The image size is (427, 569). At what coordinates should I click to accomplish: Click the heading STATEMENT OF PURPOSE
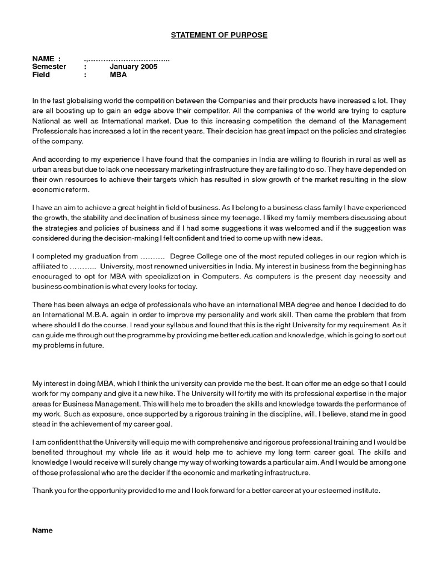click(219, 35)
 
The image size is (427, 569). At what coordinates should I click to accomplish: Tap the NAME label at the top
click(43, 58)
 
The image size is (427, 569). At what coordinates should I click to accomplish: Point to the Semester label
click(49, 67)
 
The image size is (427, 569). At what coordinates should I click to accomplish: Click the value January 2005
click(133, 67)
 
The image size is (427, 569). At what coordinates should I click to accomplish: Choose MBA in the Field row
click(118, 75)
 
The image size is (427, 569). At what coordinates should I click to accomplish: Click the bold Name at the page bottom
click(42, 530)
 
